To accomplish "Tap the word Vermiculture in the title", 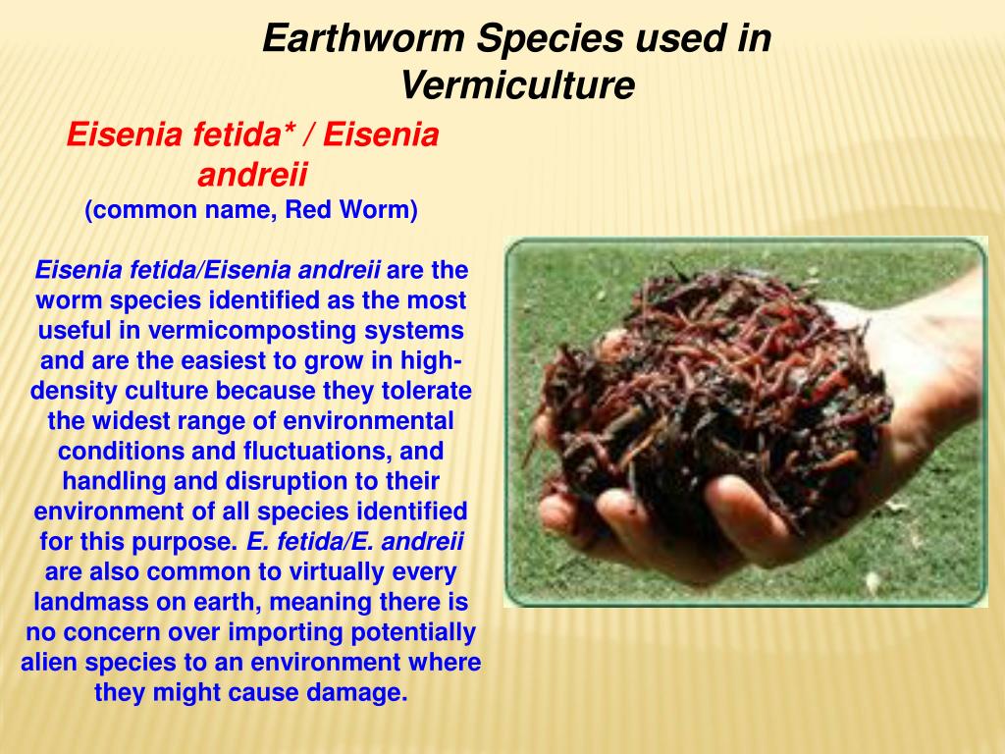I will coord(517,86).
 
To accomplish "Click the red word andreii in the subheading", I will coord(252,176).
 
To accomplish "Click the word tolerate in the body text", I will coord(425,391).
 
